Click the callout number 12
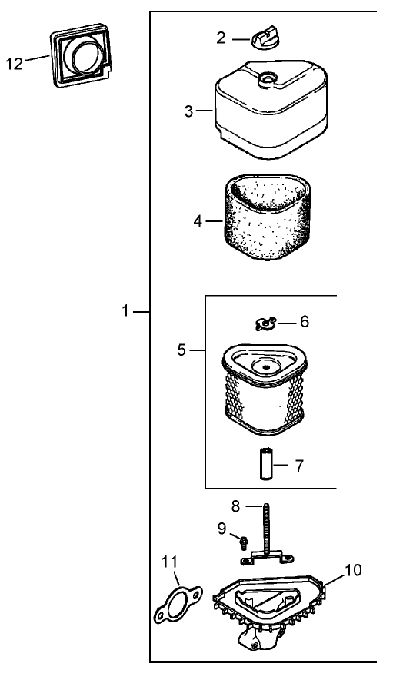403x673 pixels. (x=14, y=64)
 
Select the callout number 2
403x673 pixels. (x=221, y=38)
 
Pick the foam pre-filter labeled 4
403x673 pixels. (x=267, y=217)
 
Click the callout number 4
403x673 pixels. (x=198, y=221)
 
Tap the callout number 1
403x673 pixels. (x=125, y=310)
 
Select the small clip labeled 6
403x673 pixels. (x=265, y=323)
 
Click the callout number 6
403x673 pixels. (x=305, y=321)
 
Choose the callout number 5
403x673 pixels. (x=182, y=350)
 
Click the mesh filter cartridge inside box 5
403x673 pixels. (x=265, y=389)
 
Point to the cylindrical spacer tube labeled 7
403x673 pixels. (x=266, y=464)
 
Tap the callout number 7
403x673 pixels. (x=299, y=466)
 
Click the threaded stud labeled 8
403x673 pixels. (x=267, y=532)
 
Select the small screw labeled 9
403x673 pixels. (x=244, y=542)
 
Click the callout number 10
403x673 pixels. (x=354, y=570)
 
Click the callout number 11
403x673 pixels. (x=169, y=561)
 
